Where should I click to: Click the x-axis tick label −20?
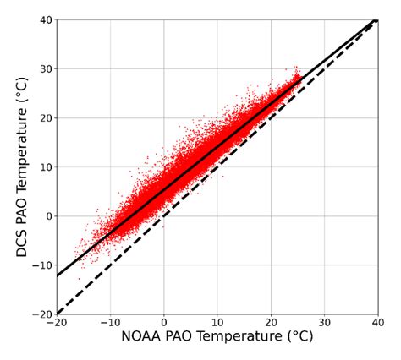pos(56,323)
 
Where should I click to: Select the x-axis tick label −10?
pos(109,323)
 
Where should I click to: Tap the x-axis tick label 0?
pos(164,323)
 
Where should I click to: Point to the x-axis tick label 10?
pos(217,323)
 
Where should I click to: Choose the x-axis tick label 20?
pos(271,323)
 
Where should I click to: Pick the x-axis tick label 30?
pos(324,323)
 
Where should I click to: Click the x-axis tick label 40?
pos(377,323)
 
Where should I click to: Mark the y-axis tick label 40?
pos(45,19)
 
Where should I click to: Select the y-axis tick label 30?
pos(45,68)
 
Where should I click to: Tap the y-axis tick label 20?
pos(45,117)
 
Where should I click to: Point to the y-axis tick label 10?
pos(45,166)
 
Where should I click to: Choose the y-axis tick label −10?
pos(41,265)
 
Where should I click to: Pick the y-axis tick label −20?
pos(41,314)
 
